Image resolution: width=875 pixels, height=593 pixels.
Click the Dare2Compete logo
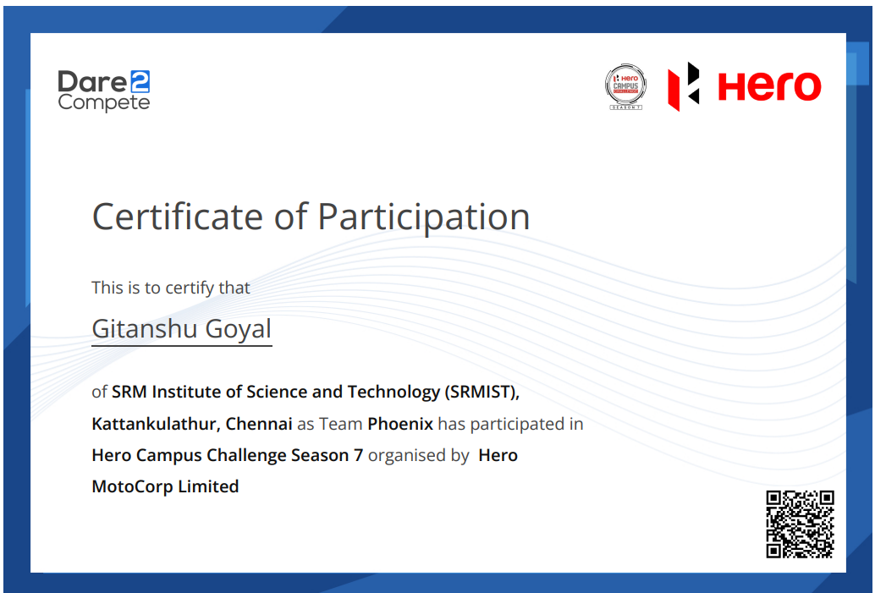click(x=104, y=91)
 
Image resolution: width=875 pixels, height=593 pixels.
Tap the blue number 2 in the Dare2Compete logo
click(x=140, y=81)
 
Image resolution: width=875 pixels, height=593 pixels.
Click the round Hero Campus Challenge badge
click(x=625, y=86)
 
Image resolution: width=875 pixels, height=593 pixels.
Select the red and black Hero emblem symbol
click(x=684, y=86)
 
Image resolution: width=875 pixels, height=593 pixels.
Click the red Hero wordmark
click(x=769, y=86)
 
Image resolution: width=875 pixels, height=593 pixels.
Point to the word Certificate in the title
click(x=178, y=217)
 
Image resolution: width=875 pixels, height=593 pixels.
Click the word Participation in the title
click(x=424, y=217)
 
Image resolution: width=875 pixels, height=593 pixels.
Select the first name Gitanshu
click(x=146, y=328)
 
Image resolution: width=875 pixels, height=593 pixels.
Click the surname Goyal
click(x=239, y=329)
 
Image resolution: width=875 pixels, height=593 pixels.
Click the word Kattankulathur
click(x=156, y=424)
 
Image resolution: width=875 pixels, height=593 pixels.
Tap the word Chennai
click(x=259, y=424)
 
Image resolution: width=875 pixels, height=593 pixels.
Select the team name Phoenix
click(x=400, y=424)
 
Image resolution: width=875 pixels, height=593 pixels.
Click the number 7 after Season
click(x=358, y=455)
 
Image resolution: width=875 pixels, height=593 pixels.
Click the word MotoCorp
click(x=132, y=487)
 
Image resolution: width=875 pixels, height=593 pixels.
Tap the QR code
click(x=801, y=524)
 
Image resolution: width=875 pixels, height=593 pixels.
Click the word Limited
click(x=208, y=486)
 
